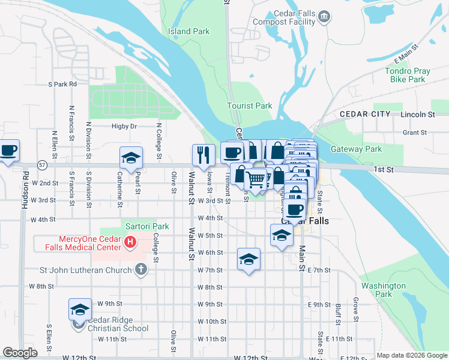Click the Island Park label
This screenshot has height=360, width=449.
pos(188,31)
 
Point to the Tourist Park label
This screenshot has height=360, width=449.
pos(249,106)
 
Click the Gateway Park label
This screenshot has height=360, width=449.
pos(356,149)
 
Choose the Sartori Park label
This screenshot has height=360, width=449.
pos(147,227)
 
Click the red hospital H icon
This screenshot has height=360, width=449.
pos(130,243)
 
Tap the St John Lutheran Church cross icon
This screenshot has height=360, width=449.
pos(140,269)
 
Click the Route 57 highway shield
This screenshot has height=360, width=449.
pos(41,164)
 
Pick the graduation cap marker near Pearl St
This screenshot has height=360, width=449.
pos(131,158)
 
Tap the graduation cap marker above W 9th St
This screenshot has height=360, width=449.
pos(80,310)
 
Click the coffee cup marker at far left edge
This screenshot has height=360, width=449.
pos(8,151)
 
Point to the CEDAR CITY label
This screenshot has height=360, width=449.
pos(364,114)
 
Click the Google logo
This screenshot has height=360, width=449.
pos(19,353)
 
